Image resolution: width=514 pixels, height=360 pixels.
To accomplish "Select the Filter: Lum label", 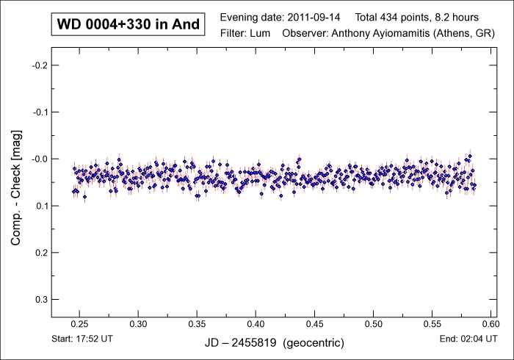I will point(245,34).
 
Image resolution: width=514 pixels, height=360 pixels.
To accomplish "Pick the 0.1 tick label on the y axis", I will point(41,206).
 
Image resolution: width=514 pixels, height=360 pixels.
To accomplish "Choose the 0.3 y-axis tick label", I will point(41,299).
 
